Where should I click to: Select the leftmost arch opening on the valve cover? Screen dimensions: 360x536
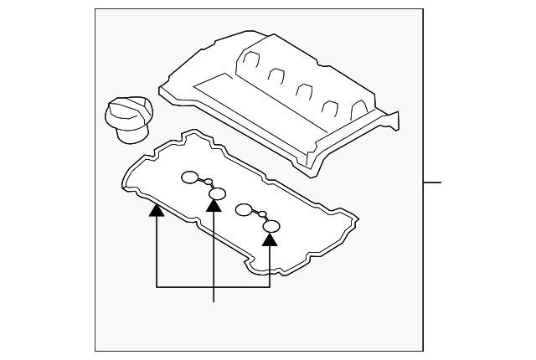(250, 61)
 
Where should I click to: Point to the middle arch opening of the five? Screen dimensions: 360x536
(303, 87)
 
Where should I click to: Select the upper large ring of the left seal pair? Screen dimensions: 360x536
(190, 177)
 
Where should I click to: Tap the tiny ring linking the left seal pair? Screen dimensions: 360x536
(209, 182)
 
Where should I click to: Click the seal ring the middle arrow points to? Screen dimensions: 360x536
(217, 194)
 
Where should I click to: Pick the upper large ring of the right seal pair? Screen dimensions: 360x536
(244, 208)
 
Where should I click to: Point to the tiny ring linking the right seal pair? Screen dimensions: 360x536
(262, 214)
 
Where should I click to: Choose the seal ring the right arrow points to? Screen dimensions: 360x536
(271, 226)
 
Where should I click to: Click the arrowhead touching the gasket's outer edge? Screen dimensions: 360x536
(157, 211)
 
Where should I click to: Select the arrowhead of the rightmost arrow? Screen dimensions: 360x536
(270, 239)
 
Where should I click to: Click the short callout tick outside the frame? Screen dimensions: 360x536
(432, 182)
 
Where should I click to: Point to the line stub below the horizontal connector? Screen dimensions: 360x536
(215, 295)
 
